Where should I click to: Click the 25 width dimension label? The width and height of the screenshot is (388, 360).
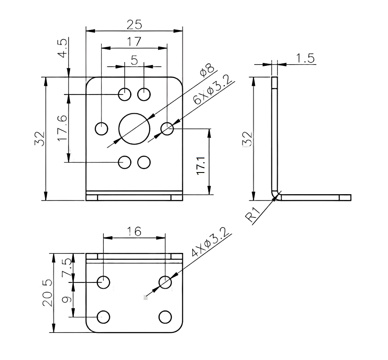[x=134, y=25]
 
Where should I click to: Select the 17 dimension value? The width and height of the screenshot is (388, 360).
[x=134, y=42]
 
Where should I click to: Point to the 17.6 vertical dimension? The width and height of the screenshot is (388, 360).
[x=62, y=128]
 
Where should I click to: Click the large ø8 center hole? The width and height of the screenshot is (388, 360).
[x=134, y=129]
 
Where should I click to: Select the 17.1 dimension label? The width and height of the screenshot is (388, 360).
[x=201, y=165]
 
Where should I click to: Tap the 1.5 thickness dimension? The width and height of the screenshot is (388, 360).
[x=305, y=58]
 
